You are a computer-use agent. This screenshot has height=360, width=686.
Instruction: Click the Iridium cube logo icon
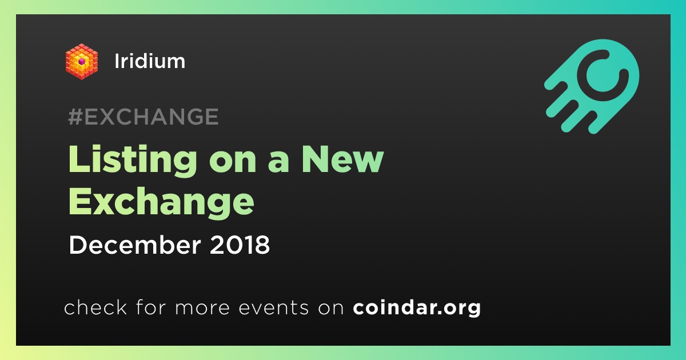(x=81, y=62)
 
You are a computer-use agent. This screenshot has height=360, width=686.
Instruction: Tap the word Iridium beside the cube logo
(x=150, y=61)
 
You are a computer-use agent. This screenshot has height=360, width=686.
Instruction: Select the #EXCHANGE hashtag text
(x=143, y=117)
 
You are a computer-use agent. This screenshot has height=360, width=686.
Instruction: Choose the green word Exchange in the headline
(x=161, y=203)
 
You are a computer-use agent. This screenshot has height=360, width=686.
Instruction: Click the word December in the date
(x=135, y=245)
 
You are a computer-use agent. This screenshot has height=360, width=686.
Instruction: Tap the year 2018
(x=240, y=245)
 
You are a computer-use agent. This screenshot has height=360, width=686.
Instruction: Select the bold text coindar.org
(x=417, y=307)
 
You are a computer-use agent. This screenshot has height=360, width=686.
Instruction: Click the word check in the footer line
(x=95, y=307)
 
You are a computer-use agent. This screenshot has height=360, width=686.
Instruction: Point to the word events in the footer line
(x=274, y=307)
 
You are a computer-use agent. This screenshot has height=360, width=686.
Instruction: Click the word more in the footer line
(x=202, y=308)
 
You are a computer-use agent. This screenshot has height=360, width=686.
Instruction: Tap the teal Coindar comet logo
(x=592, y=86)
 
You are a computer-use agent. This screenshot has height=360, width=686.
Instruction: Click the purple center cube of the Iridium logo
(x=81, y=62)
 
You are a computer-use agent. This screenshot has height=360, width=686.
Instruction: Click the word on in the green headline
(x=233, y=163)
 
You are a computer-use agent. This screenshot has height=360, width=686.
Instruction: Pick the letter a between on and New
(x=278, y=163)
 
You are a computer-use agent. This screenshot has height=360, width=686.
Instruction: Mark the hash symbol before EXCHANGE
(x=75, y=117)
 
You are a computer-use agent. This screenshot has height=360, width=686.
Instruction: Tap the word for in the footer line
(x=151, y=307)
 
